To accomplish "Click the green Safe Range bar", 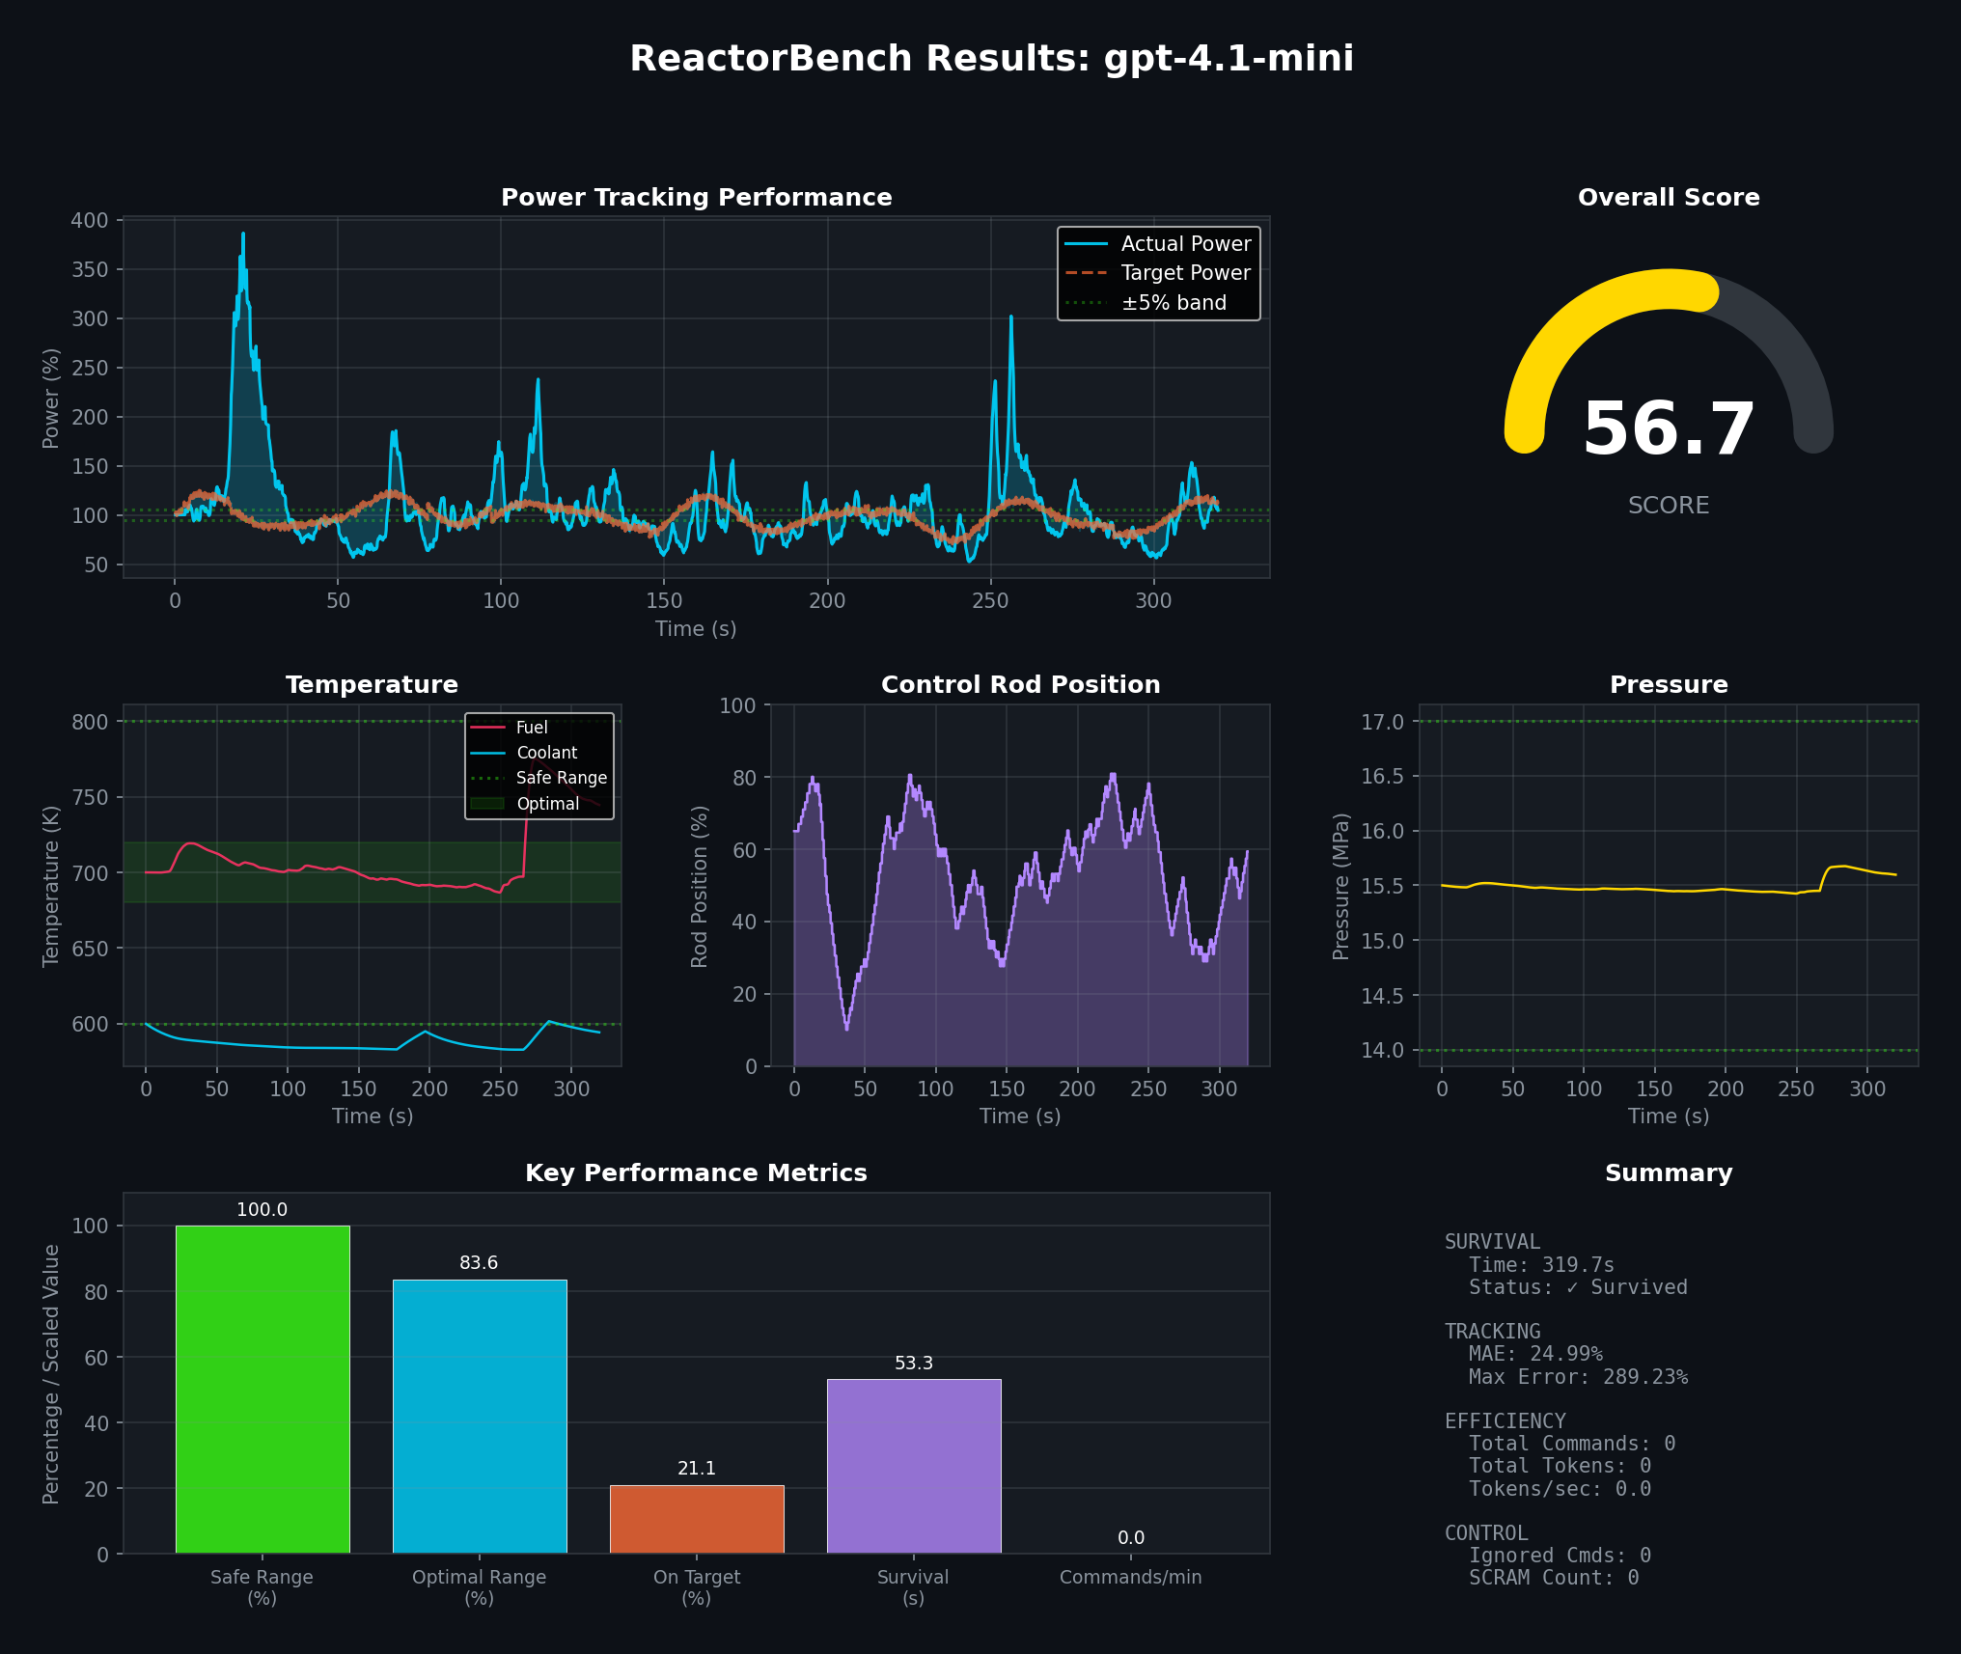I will pos(262,1390).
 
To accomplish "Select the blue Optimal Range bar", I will pos(480,1417).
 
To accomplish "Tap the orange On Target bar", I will pos(697,1519).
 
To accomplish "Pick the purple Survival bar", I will pos(914,1466).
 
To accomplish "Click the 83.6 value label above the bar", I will pos(479,1263).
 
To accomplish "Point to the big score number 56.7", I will pos(1669,429).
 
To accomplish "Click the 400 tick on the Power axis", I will pos(90,220).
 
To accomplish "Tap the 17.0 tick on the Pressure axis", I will pos(1382,722).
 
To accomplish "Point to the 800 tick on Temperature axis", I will pos(90,722).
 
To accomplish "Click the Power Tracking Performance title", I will pos(696,198).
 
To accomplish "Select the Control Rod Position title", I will pos(1020,685).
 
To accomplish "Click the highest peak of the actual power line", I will pos(243,234).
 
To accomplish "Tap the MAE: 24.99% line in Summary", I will pos(1535,1354).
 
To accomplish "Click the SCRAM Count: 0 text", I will pos(1554,1578).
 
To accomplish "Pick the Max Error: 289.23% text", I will pos(1578,1377).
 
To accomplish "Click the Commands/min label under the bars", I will pos(1130,1577).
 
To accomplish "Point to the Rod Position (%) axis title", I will pos(700,886).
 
